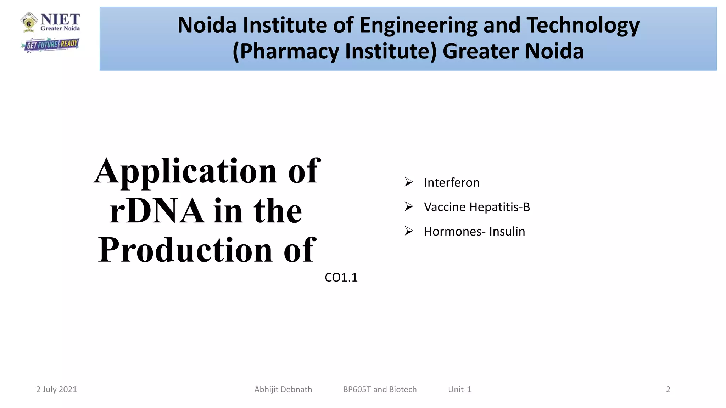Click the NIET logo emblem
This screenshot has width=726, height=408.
click(29, 23)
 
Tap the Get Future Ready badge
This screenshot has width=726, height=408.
click(50, 45)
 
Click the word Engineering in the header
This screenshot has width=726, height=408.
click(418, 25)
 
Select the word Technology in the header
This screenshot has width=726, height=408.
click(583, 25)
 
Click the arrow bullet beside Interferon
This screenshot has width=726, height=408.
click(409, 182)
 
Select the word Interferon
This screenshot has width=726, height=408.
click(452, 183)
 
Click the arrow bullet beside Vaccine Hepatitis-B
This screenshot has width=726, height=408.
click(409, 206)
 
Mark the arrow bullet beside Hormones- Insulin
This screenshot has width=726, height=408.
click(409, 231)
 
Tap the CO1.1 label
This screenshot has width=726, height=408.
click(341, 278)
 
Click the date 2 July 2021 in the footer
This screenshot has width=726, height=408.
click(56, 390)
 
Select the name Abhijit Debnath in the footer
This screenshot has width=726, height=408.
click(283, 390)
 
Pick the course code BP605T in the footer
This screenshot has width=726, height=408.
click(357, 390)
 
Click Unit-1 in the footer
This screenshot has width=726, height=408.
click(459, 390)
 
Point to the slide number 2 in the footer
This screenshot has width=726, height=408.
click(668, 390)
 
